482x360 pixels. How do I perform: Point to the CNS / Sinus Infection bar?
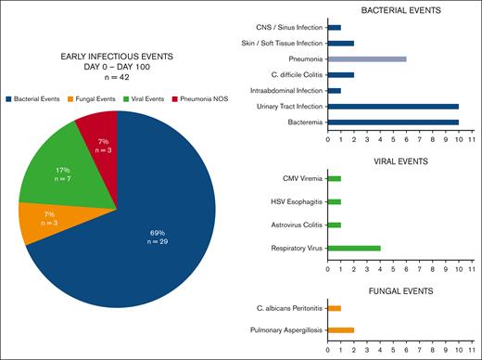335,27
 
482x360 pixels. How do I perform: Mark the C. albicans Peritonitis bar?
335,307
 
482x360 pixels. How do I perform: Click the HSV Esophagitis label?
291,200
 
